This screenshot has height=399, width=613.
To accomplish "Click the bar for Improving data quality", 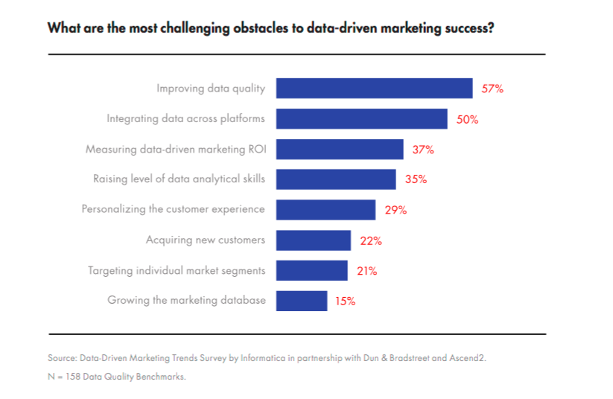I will click(374, 89).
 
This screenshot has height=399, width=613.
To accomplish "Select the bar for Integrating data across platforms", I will click(361, 119).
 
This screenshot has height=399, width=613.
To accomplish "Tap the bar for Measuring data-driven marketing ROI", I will click(340, 150).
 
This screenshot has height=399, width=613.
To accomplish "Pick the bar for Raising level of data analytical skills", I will click(336, 179).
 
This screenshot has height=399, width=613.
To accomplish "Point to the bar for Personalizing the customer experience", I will click(325, 210).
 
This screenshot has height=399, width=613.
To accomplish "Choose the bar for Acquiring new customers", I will click(313, 240).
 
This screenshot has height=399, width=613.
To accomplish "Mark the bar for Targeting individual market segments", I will click(311, 270).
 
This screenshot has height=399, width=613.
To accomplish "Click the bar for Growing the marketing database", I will click(301, 301).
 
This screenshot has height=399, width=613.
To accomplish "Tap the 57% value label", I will click(492, 89).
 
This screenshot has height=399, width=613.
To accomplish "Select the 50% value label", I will click(467, 119).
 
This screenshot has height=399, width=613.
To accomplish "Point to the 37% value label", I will click(423, 150).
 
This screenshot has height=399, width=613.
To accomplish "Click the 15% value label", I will click(344, 301).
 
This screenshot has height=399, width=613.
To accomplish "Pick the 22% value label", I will click(371, 240).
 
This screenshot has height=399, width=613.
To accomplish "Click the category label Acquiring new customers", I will click(206, 240).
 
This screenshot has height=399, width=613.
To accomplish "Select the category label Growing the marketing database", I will click(186, 301).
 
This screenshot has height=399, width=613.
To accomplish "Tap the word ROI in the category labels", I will click(256, 149).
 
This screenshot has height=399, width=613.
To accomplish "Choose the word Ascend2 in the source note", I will click(467, 358).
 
